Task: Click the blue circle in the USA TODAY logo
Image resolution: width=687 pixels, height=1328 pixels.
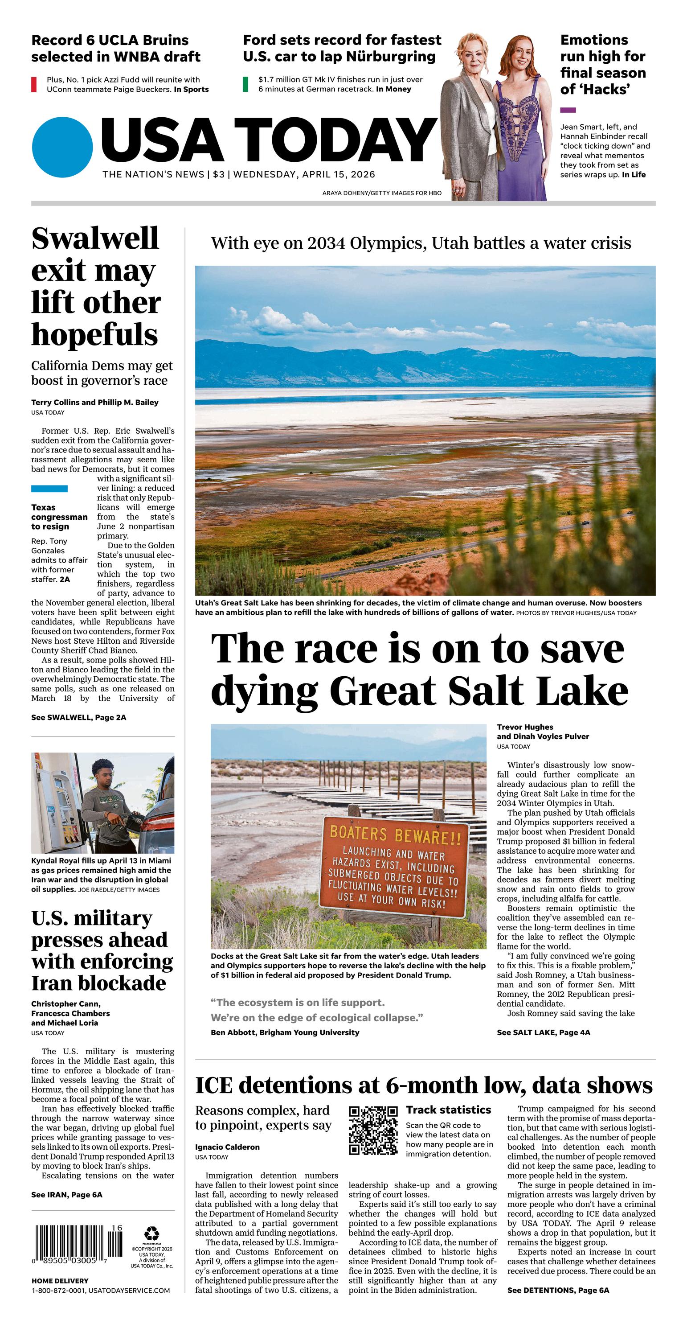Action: [62, 147]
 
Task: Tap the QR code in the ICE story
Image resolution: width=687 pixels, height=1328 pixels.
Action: [373, 1130]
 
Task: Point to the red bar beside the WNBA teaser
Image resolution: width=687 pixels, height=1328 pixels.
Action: [33, 84]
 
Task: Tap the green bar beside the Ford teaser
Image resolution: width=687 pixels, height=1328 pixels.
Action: [246, 84]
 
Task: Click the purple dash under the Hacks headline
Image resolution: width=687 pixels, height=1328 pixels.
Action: [568, 110]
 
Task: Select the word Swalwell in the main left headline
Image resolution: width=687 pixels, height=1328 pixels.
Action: [95, 238]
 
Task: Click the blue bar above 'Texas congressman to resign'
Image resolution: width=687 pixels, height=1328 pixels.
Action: [49, 488]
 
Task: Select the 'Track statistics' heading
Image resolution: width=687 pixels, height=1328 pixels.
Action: [448, 1110]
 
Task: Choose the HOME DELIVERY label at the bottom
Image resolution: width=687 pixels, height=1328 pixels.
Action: [60, 1281]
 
